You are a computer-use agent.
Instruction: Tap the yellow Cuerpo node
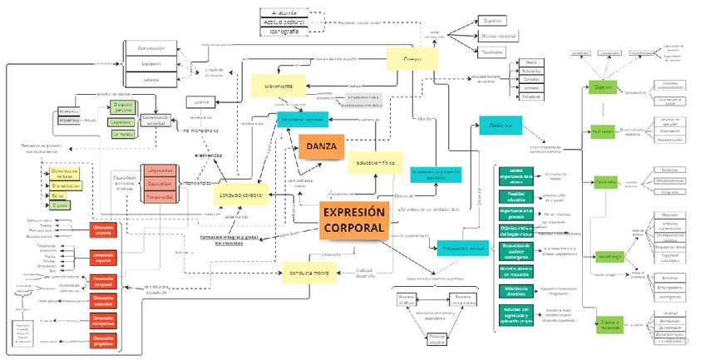[412, 60]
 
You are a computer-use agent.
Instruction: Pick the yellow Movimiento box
[279, 86]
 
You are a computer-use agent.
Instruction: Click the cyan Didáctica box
[500, 125]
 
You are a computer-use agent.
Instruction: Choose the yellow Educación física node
[376, 163]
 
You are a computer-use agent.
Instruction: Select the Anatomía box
[283, 12]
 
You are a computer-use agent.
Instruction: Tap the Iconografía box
[283, 32]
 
